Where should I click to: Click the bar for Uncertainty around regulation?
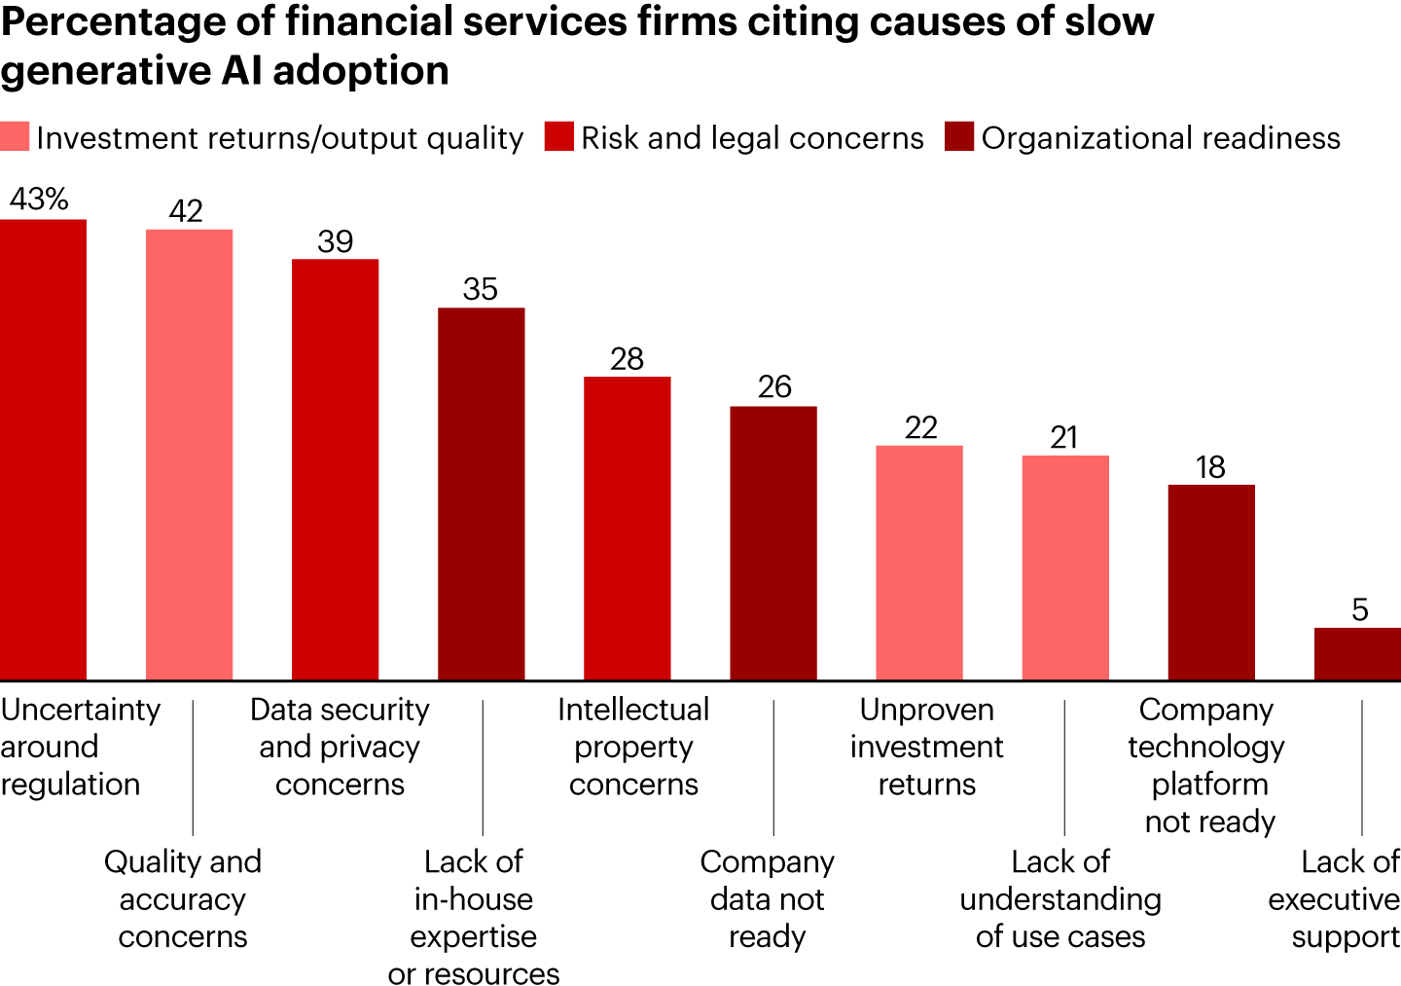pos(43,449)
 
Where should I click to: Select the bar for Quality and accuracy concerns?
pos(189,454)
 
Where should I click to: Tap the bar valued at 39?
pos(335,469)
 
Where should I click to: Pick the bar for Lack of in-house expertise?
pos(481,493)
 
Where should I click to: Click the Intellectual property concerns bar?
pos(627,528)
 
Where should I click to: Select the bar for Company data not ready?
pos(773,542)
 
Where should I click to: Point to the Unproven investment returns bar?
pos(919,562)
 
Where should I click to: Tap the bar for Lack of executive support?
pos(1357,653)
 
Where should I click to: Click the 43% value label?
pos(39,200)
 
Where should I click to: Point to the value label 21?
pos(1064,438)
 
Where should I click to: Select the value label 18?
pos(1210,467)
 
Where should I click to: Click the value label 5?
pos(1359,610)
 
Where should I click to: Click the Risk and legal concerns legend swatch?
pos(559,137)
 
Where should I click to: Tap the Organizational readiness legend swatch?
pos(959,137)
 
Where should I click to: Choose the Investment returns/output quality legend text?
pos(279,138)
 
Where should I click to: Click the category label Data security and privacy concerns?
pos(340,747)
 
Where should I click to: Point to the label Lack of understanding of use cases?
pos(1060,898)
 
